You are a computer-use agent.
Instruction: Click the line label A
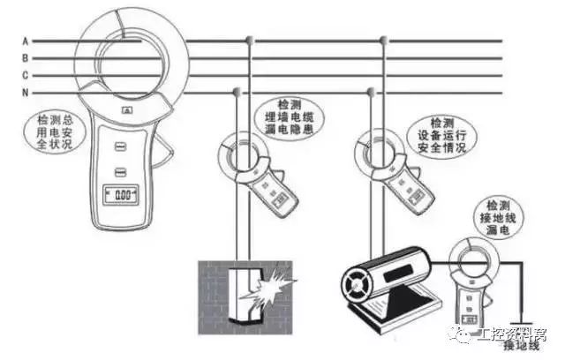click(26, 41)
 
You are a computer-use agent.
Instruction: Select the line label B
click(26, 57)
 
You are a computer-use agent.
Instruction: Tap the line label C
click(26, 74)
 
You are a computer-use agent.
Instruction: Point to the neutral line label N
click(26, 92)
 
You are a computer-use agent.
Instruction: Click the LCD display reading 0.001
click(120, 192)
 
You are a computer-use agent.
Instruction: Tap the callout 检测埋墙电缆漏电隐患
click(295, 124)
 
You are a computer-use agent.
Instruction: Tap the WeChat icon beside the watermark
click(484, 334)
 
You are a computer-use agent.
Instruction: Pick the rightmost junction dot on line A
click(385, 41)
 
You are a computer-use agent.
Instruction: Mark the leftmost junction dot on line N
click(236, 91)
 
